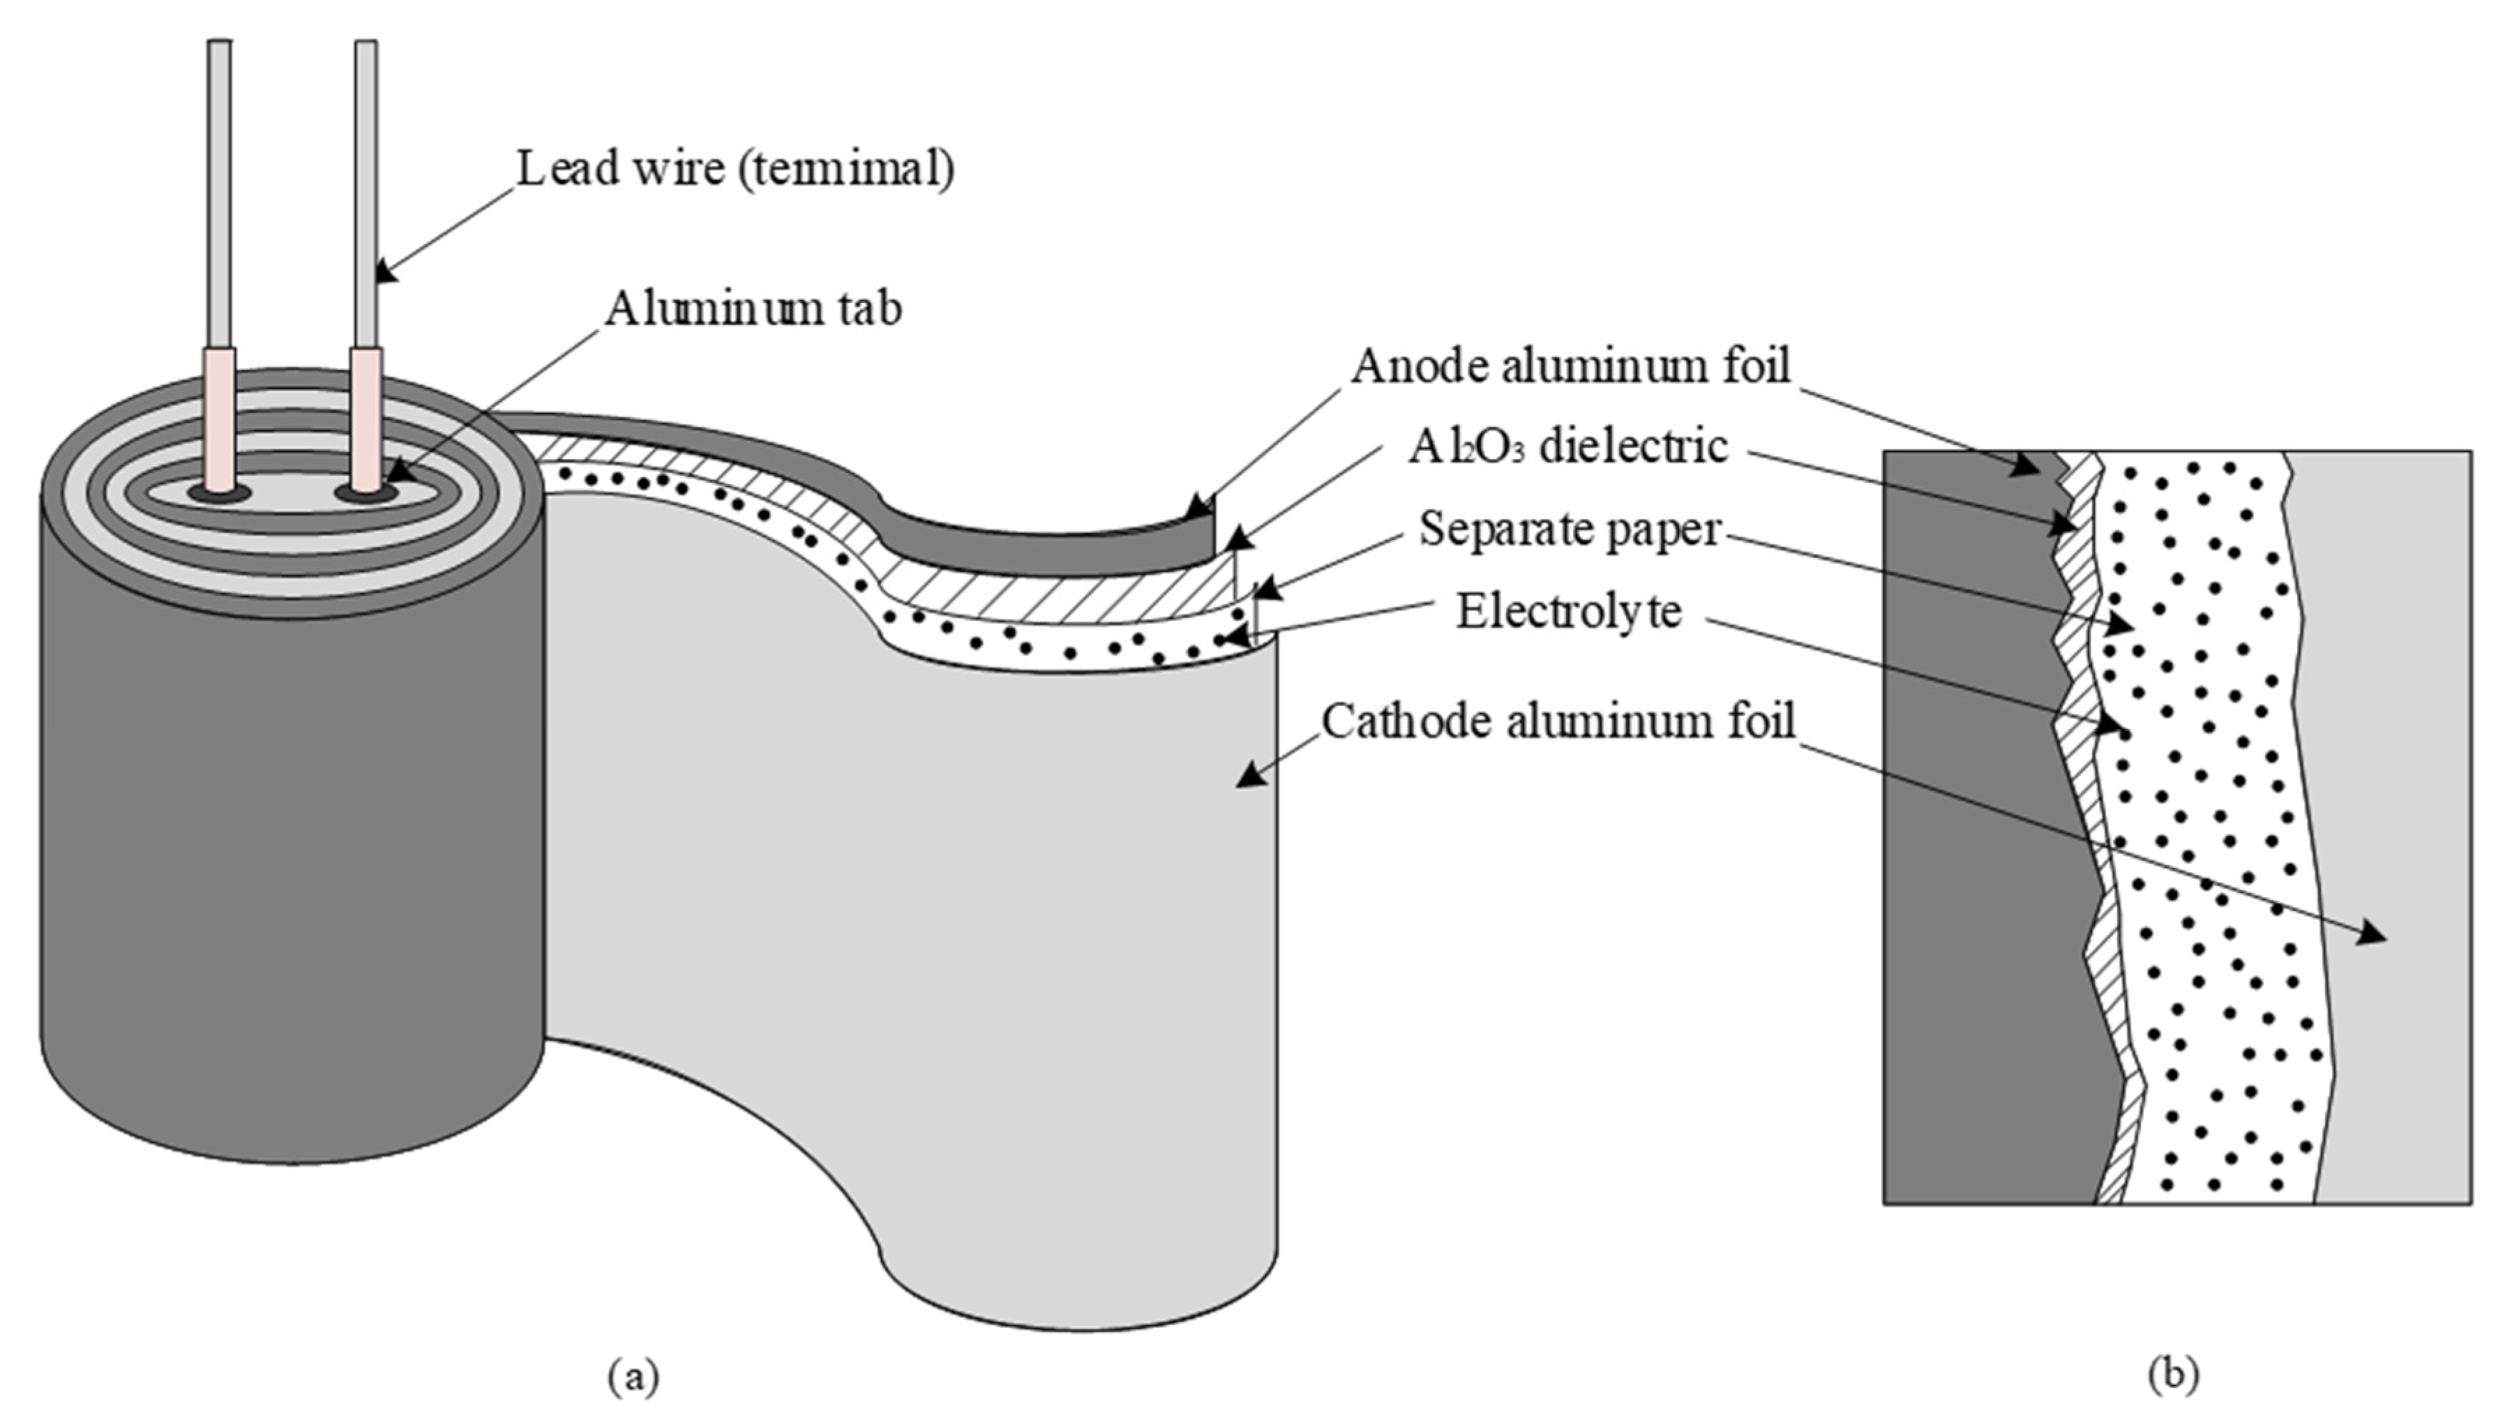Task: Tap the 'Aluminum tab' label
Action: point(753,309)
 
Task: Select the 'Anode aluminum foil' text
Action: point(1570,367)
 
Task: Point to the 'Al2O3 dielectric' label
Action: point(1567,447)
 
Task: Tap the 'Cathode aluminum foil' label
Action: point(1558,723)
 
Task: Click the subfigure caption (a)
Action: point(633,1375)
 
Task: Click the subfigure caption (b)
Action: point(2172,1373)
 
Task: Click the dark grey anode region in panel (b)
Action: point(1965,832)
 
